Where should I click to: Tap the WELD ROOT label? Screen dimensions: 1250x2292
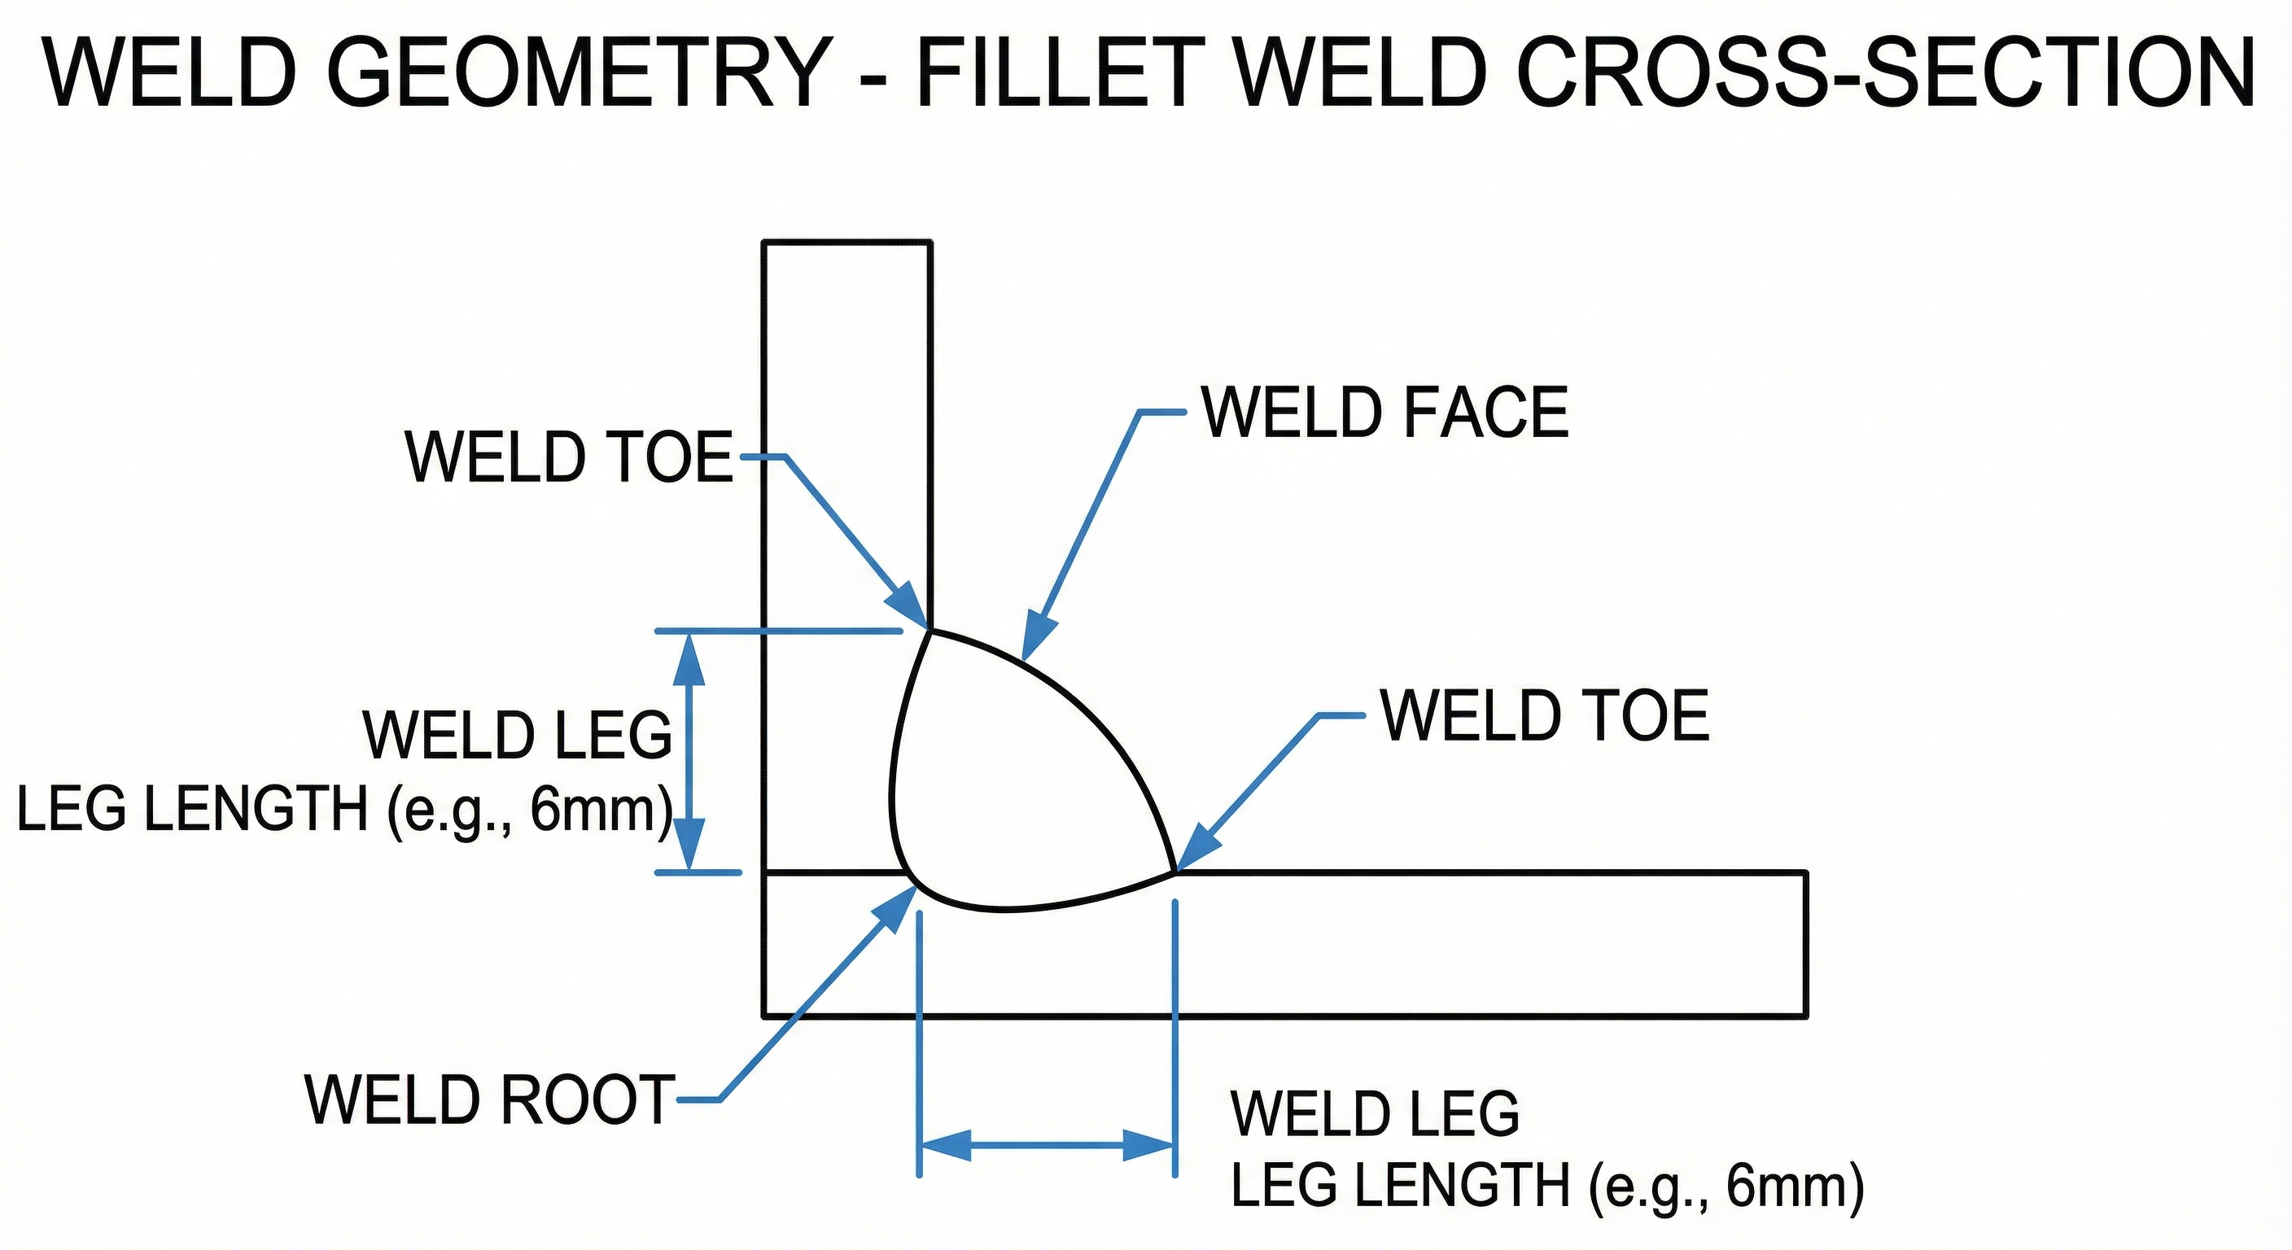pos(489,1099)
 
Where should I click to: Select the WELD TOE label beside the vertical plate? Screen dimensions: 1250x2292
pos(569,457)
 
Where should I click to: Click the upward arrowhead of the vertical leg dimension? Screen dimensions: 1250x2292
pos(689,658)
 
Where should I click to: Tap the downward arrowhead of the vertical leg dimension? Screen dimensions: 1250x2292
pos(689,846)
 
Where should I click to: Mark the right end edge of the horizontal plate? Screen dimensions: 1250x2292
pos(1806,944)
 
